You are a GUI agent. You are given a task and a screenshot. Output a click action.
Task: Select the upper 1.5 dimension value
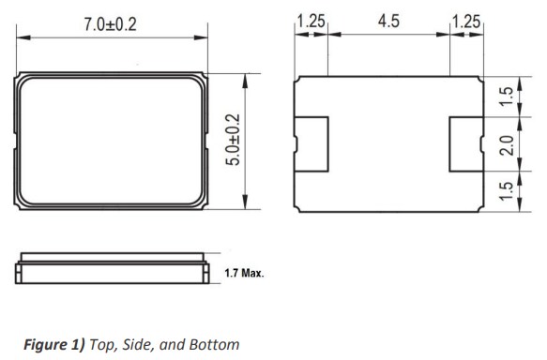tap(506, 97)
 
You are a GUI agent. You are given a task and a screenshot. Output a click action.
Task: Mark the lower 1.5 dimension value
tap(506, 191)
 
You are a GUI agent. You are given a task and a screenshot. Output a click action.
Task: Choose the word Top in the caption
tap(102, 344)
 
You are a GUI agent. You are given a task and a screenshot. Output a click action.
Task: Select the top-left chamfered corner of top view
tap(22, 78)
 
